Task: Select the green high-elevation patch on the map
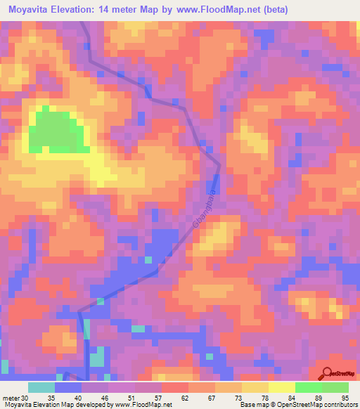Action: click(x=56, y=131)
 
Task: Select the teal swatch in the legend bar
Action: click(x=41, y=387)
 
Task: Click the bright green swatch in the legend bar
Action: click(x=309, y=387)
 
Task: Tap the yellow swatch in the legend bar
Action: click(x=282, y=387)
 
